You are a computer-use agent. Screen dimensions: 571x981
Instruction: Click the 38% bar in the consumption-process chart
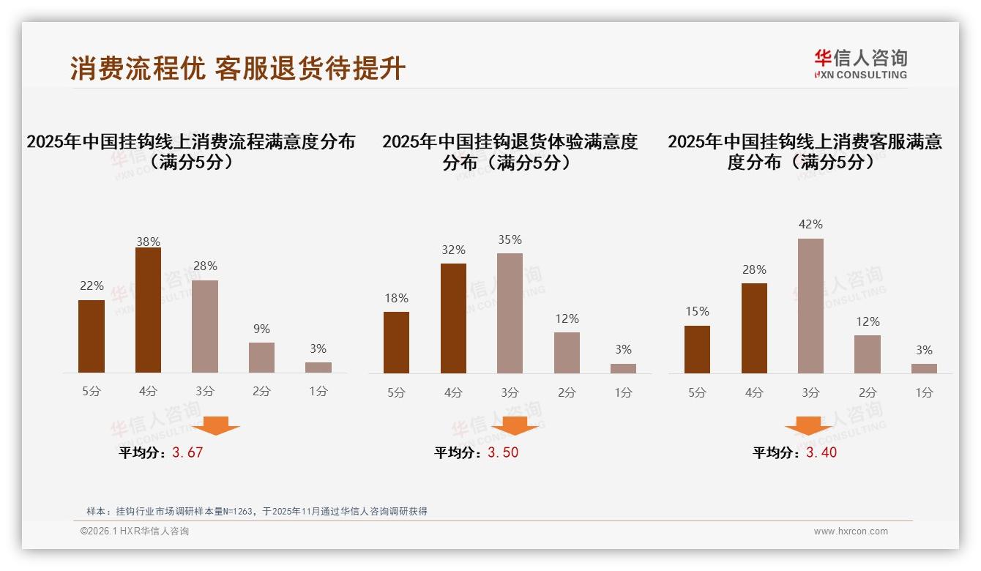click(148, 310)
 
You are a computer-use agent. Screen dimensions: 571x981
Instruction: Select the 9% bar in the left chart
click(261, 357)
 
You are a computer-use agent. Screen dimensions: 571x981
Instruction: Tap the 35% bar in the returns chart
click(510, 313)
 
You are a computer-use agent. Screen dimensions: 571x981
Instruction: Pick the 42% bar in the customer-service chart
click(810, 306)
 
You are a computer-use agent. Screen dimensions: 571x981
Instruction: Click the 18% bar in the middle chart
click(396, 343)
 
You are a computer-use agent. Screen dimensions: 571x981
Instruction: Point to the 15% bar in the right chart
click(697, 349)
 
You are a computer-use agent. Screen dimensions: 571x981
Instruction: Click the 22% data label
click(92, 286)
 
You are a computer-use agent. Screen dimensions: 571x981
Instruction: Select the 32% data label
click(453, 250)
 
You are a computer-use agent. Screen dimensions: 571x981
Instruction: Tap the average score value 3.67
click(187, 452)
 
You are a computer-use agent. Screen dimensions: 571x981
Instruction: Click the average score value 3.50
click(503, 452)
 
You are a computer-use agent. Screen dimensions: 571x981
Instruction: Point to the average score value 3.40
click(821, 452)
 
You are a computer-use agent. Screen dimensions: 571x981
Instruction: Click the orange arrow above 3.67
click(216, 425)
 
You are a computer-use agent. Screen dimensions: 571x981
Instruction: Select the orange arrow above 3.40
click(808, 426)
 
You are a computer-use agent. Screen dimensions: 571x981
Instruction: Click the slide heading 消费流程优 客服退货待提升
click(238, 69)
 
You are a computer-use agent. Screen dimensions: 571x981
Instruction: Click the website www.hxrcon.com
click(851, 531)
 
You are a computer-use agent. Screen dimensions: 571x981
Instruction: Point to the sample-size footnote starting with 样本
click(256, 512)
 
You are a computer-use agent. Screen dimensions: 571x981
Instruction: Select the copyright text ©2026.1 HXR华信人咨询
click(135, 531)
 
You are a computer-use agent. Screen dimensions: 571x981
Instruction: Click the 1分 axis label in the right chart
click(924, 393)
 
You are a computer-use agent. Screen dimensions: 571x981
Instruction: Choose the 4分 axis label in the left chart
click(148, 392)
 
